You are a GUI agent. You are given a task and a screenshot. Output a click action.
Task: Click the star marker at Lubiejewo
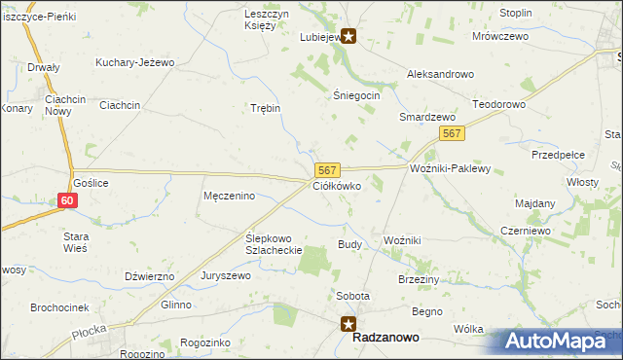pyautogui.click(x=348, y=38)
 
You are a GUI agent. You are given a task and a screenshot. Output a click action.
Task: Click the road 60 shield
pyautogui.click(x=66, y=200)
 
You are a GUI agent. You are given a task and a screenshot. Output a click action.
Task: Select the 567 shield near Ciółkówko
pyautogui.click(x=326, y=170)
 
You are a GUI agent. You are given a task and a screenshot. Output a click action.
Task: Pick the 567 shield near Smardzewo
pyautogui.click(x=450, y=133)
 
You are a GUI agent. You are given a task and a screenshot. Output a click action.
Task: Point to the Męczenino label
pyautogui.click(x=229, y=196)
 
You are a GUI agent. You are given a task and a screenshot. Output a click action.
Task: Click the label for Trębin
pyautogui.click(x=265, y=108)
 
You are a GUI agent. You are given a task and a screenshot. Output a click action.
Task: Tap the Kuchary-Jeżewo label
pyautogui.click(x=134, y=62)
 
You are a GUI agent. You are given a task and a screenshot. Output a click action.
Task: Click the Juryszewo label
pyautogui.click(x=226, y=275)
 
